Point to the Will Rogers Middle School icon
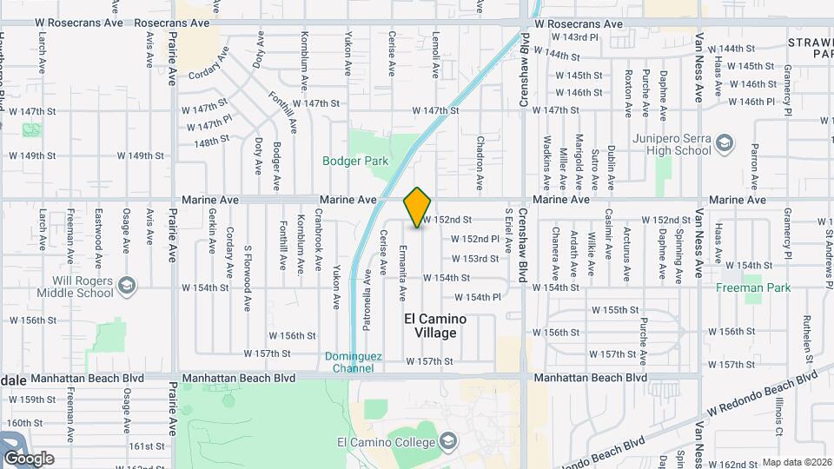[127, 285]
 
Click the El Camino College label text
[385, 443]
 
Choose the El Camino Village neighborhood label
[435, 326]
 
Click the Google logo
[29, 458]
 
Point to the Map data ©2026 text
[797, 462]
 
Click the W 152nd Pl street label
[475, 239]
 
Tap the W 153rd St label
[473, 259]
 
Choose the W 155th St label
[616, 310]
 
